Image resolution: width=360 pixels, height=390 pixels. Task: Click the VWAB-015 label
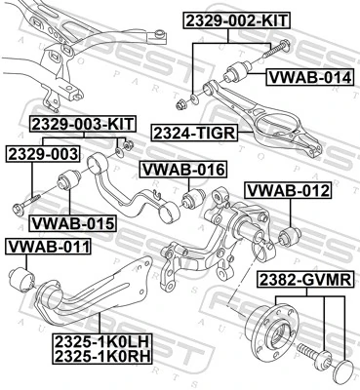[x=72, y=223]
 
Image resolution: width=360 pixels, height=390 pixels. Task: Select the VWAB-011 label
[x=46, y=247]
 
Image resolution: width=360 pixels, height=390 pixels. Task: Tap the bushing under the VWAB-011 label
[x=19, y=277]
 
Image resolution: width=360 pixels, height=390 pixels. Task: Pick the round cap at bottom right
[x=343, y=371]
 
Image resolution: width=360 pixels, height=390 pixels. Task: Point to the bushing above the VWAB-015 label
[x=70, y=181]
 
